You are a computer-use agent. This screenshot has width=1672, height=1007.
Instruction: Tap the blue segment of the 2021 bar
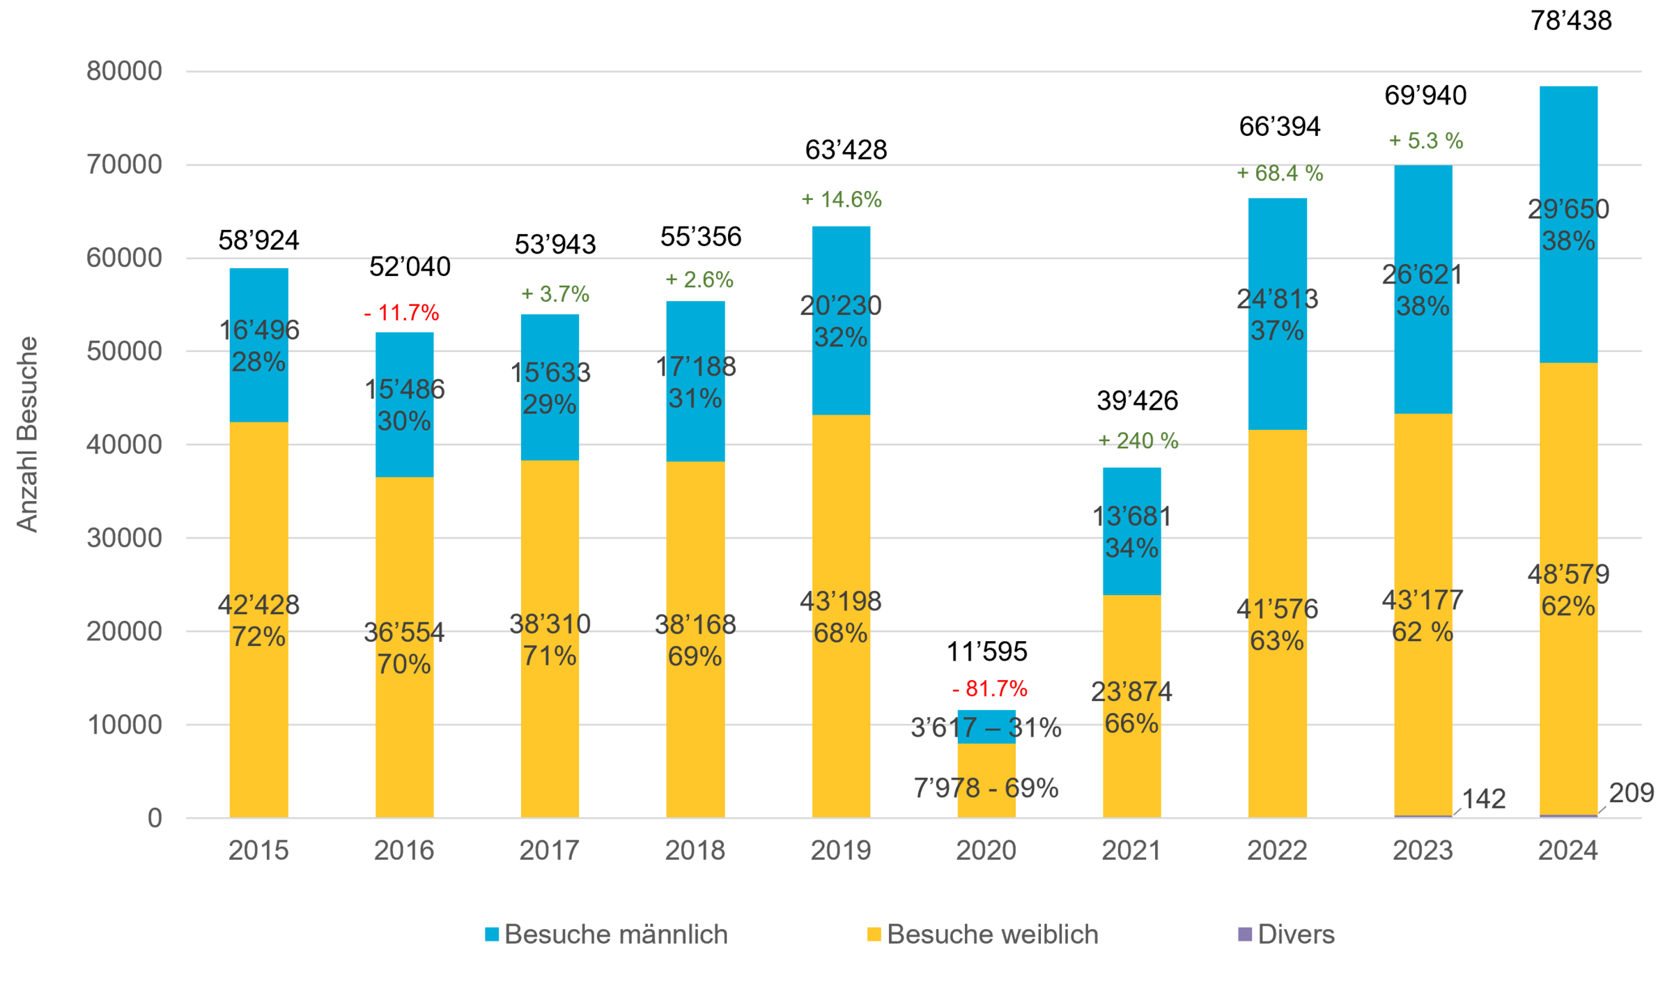[x=1131, y=488]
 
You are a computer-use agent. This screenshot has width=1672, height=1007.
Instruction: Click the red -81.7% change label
[x=989, y=689]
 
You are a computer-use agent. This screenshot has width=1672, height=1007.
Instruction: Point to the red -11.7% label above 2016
[x=402, y=313]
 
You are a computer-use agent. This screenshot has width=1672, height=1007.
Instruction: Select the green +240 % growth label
[x=1138, y=440]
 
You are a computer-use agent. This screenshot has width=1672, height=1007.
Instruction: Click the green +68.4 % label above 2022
[x=1280, y=174]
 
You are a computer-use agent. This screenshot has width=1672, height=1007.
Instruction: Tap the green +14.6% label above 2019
[x=842, y=200]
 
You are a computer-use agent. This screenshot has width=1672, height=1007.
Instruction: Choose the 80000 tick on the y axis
[x=124, y=71]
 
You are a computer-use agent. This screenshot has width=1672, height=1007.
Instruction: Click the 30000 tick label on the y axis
[x=124, y=538]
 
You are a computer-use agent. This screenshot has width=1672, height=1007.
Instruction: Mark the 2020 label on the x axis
[x=986, y=851]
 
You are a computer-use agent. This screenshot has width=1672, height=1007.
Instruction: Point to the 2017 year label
[x=549, y=851]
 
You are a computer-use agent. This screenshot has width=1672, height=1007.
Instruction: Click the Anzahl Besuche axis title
[x=27, y=434]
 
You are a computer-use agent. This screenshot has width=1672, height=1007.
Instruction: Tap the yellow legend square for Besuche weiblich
[x=874, y=935]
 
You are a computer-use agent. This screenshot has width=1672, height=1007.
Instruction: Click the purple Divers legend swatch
[x=1244, y=935]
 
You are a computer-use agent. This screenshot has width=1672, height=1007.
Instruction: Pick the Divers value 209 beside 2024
[x=1632, y=793]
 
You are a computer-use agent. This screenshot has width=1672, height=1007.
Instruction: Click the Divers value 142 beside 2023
[x=1485, y=799]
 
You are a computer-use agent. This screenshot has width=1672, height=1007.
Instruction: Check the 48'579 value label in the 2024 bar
[x=1568, y=575]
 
